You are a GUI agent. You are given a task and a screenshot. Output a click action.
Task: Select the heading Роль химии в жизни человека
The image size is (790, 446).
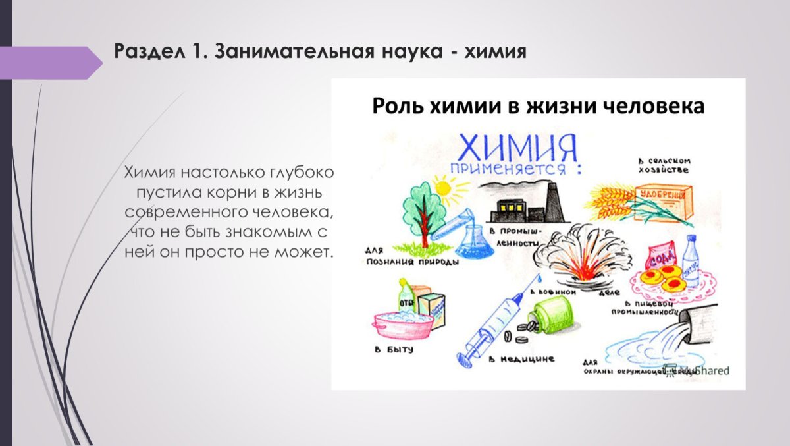(x=538, y=106)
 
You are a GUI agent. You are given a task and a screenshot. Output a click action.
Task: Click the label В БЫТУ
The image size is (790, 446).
(x=394, y=350)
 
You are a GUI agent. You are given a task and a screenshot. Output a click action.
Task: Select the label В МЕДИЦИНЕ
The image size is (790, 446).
(x=521, y=360)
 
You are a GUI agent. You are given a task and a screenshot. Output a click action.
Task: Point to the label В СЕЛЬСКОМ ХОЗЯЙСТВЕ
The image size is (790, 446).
(x=662, y=165)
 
